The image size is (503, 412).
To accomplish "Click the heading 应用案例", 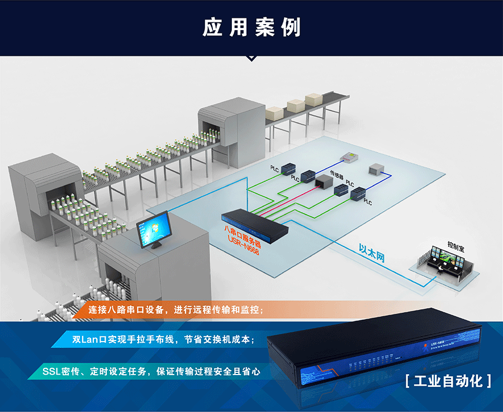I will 251,27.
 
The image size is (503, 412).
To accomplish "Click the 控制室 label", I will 457,245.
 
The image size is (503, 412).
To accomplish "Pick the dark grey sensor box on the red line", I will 324,181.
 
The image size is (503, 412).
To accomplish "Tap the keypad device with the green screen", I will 350,158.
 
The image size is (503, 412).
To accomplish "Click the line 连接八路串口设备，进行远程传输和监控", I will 176,309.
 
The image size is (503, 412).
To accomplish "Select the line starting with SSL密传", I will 151,371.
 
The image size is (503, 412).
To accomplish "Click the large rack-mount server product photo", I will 374,352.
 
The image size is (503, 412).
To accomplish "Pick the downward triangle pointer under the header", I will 251,58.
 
